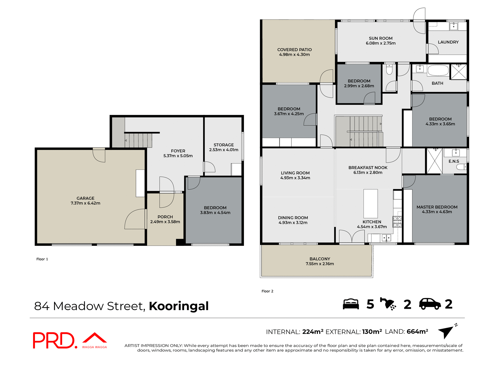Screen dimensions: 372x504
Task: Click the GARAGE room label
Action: click(85, 198)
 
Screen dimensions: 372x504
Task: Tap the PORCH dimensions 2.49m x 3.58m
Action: click(165, 222)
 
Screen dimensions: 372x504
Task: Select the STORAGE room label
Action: click(224, 145)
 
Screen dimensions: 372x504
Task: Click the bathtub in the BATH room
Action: click(438, 70)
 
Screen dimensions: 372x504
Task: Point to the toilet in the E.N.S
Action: click(461, 167)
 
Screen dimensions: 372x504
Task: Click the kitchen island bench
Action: click(370, 204)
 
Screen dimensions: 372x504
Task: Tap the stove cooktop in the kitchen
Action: click(397, 222)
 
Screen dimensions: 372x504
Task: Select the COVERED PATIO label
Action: click(295, 50)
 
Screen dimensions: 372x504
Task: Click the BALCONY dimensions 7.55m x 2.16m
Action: click(320, 264)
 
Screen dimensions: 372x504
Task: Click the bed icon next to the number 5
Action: click(351, 304)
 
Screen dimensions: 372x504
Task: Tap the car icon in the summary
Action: click(430, 304)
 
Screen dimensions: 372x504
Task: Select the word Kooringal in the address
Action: click(179, 306)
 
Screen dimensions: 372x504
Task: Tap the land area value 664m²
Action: click(417, 332)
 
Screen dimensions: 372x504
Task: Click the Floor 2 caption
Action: click(267, 291)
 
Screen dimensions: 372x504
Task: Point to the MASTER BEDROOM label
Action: click(437, 207)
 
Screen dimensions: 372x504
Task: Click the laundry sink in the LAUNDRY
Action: click(453, 26)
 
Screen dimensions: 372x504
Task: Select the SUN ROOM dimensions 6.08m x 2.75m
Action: click(381, 43)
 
